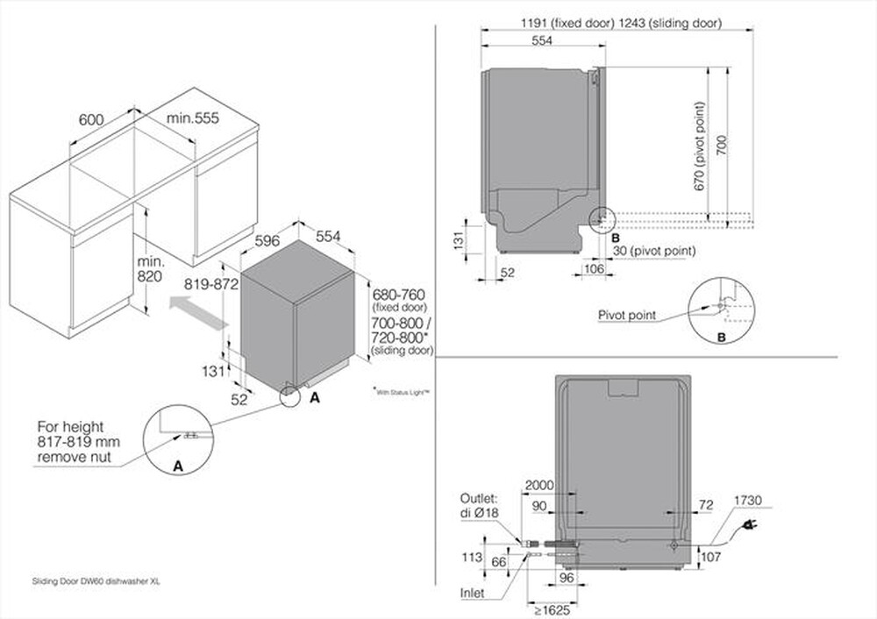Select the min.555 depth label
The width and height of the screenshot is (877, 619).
click(193, 117)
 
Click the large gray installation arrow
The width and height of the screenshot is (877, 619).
click(199, 311)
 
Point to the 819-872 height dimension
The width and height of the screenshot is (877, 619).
click(211, 284)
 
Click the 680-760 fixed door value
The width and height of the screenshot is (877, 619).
click(399, 294)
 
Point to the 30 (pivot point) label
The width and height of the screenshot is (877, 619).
click(652, 251)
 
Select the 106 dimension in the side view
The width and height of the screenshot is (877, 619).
click(594, 269)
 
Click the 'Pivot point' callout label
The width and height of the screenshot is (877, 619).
click(626, 315)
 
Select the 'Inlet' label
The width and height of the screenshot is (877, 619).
click(472, 594)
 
